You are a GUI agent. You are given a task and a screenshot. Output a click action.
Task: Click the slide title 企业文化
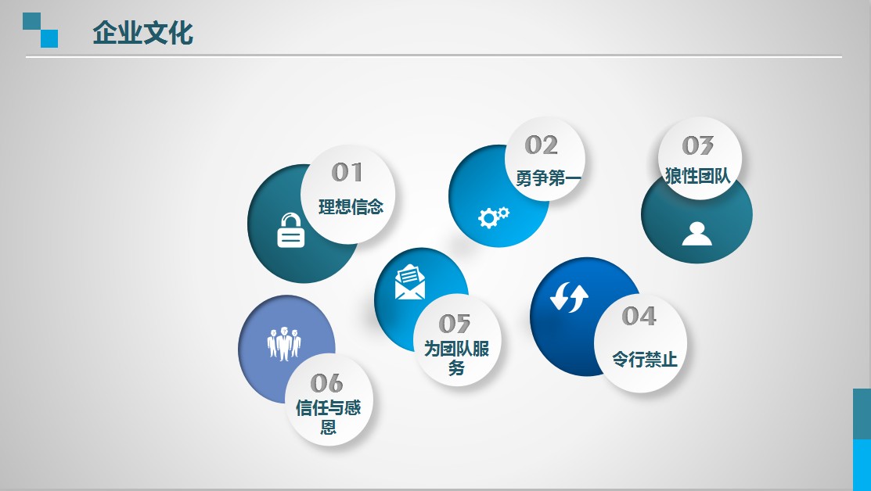(142, 33)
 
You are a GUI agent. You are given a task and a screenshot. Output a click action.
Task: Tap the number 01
(347, 172)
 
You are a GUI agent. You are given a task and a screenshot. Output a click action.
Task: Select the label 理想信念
(351, 207)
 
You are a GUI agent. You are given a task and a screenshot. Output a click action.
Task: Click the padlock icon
(290, 230)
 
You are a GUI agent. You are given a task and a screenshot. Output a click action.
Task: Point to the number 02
(541, 145)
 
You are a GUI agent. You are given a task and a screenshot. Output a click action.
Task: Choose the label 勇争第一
(549, 178)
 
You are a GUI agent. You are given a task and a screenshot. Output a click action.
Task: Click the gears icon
(493, 217)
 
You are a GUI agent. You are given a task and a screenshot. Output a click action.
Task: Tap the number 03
(698, 146)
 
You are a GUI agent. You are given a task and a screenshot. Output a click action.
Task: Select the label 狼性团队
(698, 176)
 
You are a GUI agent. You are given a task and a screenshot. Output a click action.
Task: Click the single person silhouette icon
(696, 234)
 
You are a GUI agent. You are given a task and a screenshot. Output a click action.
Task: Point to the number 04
(639, 316)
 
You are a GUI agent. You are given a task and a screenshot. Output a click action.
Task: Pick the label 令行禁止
(645, 359)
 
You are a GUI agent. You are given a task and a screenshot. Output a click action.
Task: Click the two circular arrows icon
(569, 297)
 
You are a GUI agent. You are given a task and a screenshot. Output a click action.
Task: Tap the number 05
(455, 324)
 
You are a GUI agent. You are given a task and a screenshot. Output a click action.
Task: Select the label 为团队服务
(456, 358)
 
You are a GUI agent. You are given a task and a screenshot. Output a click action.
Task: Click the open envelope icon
(410, 281)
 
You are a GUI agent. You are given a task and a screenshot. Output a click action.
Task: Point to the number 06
(326, 383)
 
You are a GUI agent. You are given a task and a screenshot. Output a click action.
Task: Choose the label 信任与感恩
(329, 418)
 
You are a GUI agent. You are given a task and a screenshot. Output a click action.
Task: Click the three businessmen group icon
(284, 344)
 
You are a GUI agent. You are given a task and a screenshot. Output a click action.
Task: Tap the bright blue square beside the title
(49, 39)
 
